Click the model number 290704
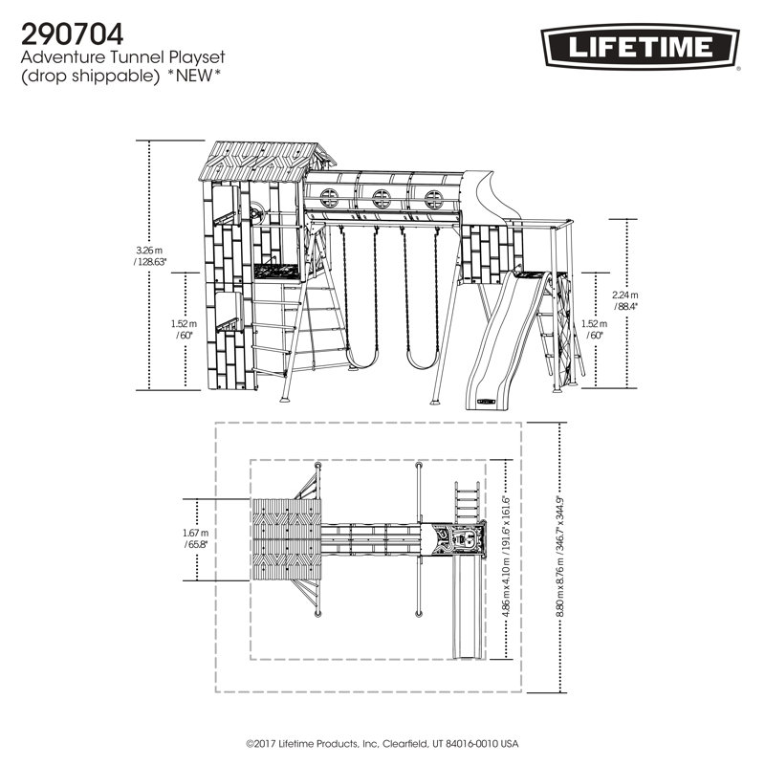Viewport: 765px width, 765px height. click(72, 33)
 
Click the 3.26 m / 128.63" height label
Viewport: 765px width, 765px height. click(150, 255)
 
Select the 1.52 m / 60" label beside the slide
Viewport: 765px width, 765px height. click(594, 330)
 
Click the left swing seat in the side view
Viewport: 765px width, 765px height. click(361, 361)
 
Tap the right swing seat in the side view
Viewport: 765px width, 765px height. click(420, 361)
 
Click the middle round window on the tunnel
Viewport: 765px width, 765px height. click(382, 199)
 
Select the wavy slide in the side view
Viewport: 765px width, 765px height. click(505, 335)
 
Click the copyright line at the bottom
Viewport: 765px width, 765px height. click(382, 743)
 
